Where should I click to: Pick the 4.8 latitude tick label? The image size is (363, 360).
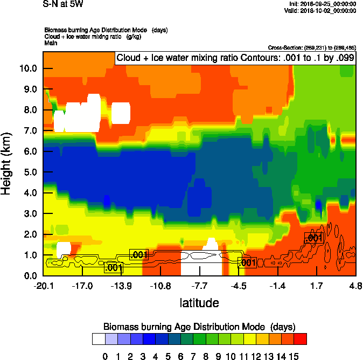pyautogui.click(x=355, y=285)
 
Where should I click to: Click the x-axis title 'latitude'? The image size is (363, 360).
pyautogui.click(x=199, y=303)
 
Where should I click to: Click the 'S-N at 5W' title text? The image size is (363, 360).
pyautogui.click(x=63, y=4)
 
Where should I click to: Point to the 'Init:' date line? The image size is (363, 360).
pyautogui.click(x=322, y=4)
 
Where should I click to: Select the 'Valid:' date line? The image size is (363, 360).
pyautogui.click(x=321, y=11)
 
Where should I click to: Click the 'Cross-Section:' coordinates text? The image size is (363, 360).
pyautogui.click(x=312, y=48)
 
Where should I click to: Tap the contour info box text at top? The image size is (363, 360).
pyautogui.click(x=235, y=58)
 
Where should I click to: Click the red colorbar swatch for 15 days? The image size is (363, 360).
pyautogui.click(x=301, y=339)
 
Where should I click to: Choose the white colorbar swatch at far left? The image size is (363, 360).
pyautogui.click(x=99, y=339)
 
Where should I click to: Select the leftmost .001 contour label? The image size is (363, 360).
pyautogui.click(x=114, y=267)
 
